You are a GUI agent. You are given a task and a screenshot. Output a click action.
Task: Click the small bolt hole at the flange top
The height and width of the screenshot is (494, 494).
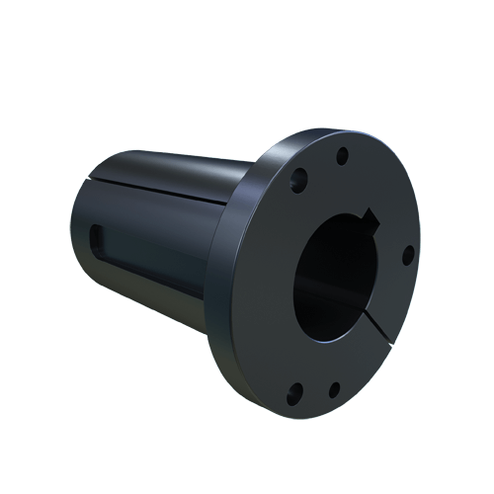click(x=342, y=156)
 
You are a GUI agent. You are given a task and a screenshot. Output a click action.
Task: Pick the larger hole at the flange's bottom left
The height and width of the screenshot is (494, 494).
click(x=293, y=397)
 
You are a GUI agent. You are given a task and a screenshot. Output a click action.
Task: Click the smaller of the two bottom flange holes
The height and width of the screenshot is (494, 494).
click(x=335, y=389)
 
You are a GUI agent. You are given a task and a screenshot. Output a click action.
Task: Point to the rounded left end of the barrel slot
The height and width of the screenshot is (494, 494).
click(x=96, y=235)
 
